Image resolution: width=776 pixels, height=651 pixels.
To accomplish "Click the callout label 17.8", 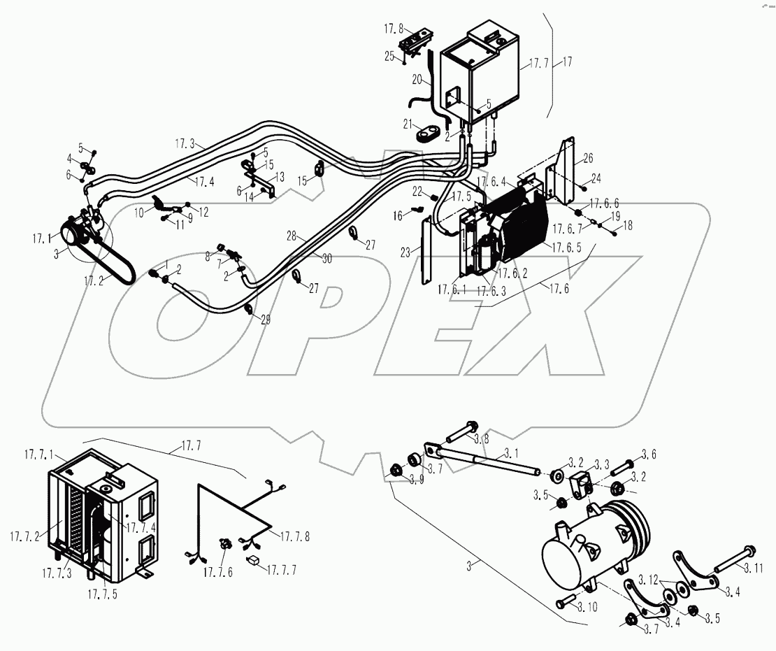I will [x=391, y=29].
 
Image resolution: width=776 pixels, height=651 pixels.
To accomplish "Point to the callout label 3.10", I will [x=584, y=608].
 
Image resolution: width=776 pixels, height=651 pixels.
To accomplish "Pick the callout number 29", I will [x=265, y=320].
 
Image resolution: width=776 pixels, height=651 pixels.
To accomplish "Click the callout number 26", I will [x=588, y=157].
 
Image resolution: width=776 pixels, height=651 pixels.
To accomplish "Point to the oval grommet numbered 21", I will [x=421, y=133].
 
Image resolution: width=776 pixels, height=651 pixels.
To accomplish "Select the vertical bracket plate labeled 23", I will [x=426, y=252].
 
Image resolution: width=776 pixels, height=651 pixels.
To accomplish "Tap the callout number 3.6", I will [x=649, y=455].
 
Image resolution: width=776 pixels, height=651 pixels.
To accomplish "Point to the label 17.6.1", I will [x=452, y=289].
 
